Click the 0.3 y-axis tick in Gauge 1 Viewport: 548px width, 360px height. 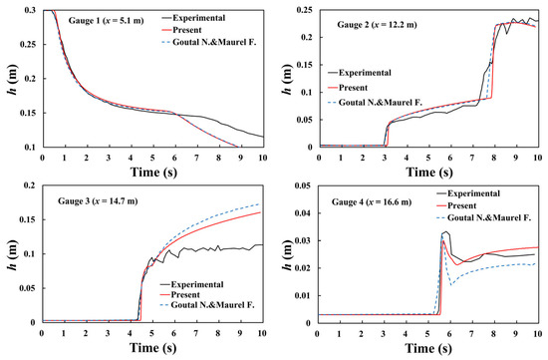(x=27, y=9)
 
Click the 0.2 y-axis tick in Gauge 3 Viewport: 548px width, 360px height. (x=27, y=185)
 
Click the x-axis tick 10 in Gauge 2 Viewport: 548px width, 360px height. (x=538, y=158)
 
